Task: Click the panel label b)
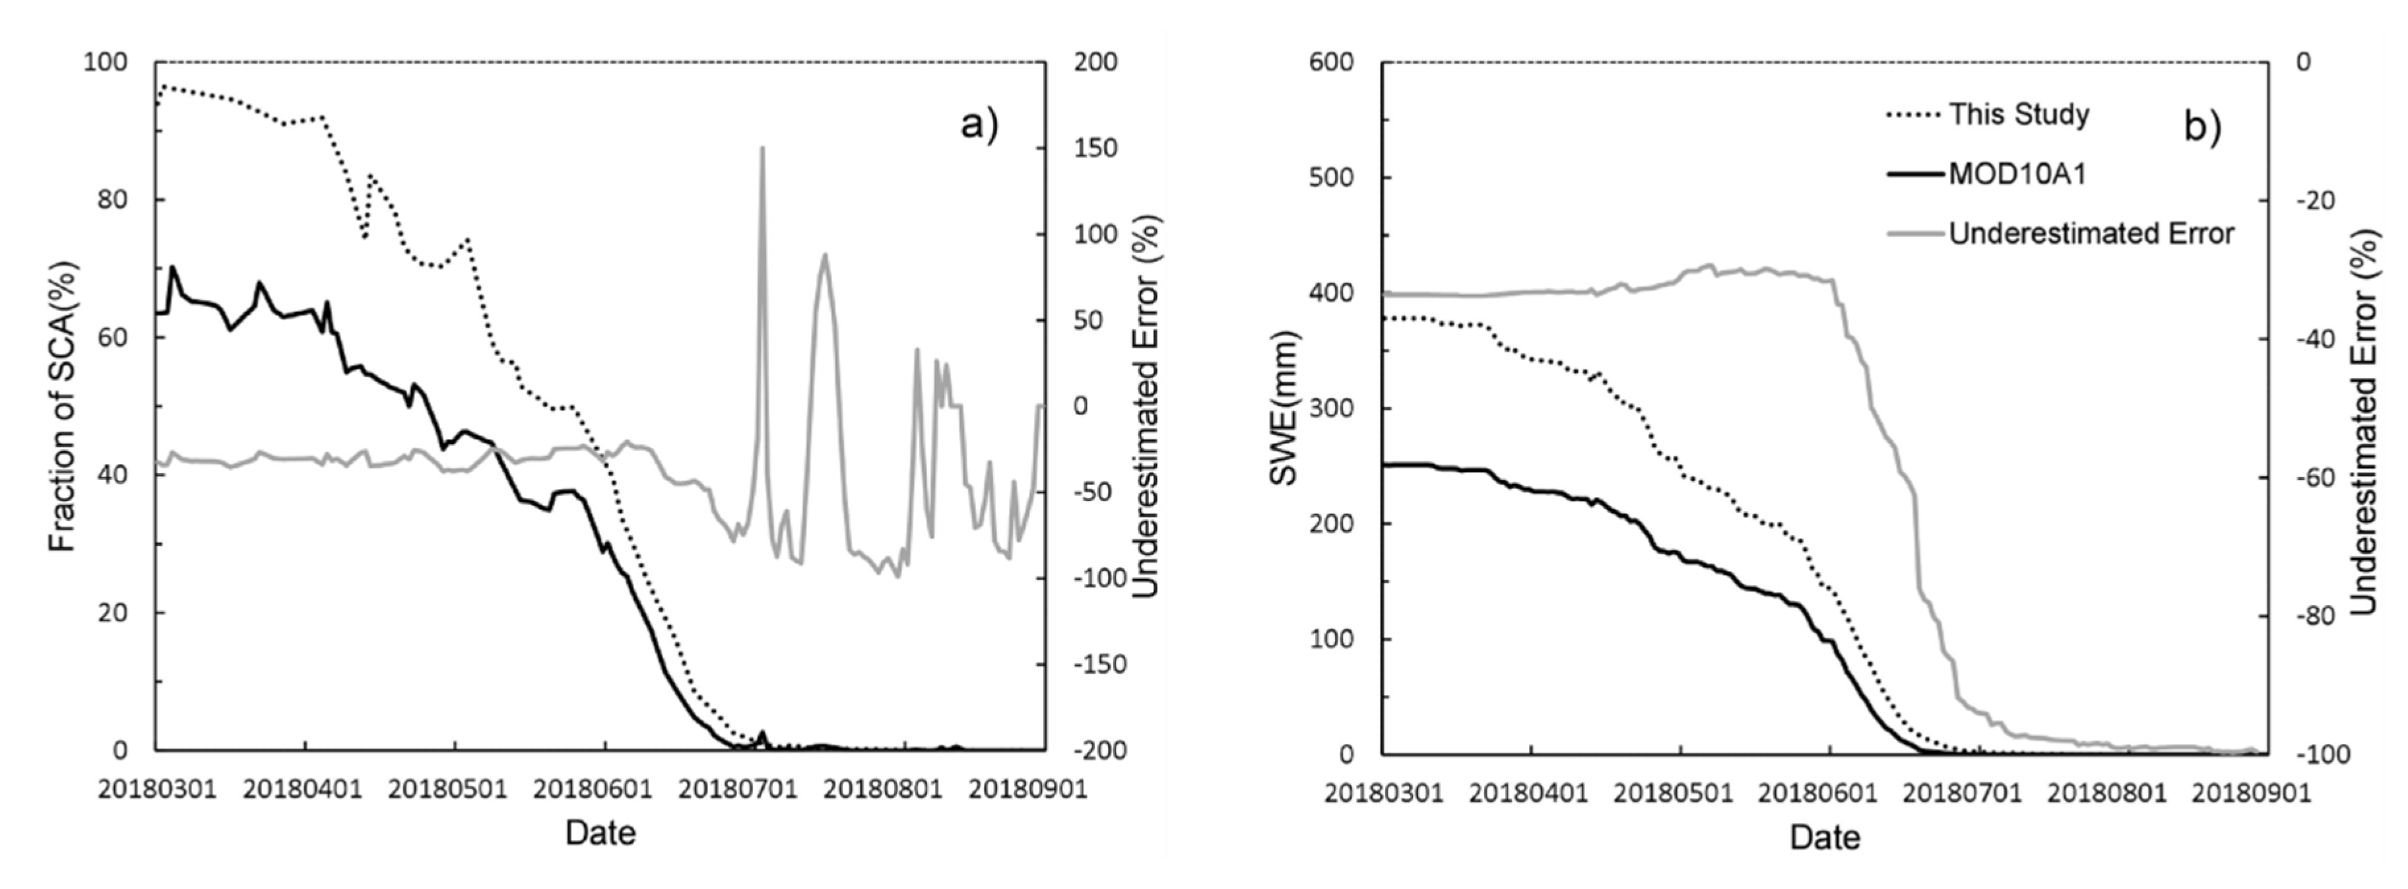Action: point(2201,126)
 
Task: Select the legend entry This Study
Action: point(2018,114)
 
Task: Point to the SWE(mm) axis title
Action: point(1284,408)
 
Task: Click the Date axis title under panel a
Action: point(600,833)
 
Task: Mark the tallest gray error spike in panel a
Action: point(762,148)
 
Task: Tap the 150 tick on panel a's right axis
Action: point(1095,148)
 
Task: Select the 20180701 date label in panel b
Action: point(1962,793)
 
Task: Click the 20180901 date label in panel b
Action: point(2251,793)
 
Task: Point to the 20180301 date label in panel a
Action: point(157,789)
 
